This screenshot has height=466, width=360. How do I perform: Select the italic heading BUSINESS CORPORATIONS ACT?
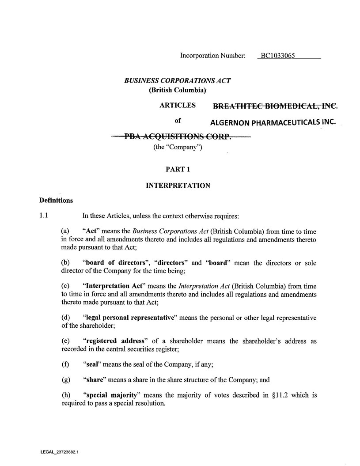(x=178, y=81)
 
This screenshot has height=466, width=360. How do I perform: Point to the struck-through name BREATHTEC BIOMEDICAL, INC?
(x=275, y=106)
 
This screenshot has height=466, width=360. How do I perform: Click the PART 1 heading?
(x=178, y=169)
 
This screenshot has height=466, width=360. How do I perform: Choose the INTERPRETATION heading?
(x=178, y=186)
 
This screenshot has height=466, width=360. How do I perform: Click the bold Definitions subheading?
(x=56, y=201)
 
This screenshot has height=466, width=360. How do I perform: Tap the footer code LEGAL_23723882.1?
(x=59, y=452)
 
